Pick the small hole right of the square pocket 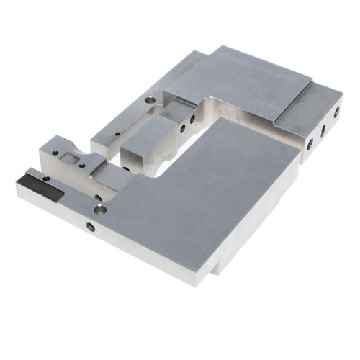point(84,165)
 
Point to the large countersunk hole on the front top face point(100,210)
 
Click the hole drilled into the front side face point(90,227)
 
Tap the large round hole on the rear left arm point(149,101)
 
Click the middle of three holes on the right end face point(323,130)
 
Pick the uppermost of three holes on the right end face point(336,112)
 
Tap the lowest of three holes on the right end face point(310,144)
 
